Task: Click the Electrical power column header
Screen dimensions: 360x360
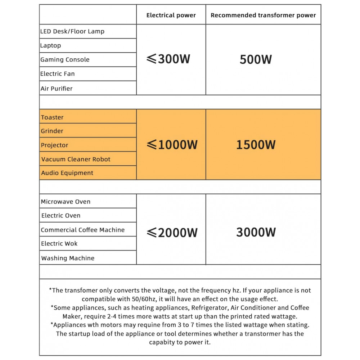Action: pos(171,15)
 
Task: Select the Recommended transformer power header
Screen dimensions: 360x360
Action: pos(263,15)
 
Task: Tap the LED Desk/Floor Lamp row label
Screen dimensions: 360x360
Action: pos(72,31)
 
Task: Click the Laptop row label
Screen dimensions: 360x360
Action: pos(51,45)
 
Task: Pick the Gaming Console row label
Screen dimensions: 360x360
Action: pos(65,59)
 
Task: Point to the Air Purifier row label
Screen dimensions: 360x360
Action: pos(57,88)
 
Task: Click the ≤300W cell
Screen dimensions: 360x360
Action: pos(168,59)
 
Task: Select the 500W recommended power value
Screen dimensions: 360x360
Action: pos(256,59)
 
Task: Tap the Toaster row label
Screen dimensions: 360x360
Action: pos(52,117)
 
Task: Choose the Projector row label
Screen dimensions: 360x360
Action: pos(55,145)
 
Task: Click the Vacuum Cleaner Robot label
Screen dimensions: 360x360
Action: pos(76,159)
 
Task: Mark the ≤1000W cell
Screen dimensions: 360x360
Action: pos(172,145)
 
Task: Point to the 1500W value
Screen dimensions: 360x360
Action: pos(256,145)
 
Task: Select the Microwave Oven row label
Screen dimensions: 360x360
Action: pos(66,202)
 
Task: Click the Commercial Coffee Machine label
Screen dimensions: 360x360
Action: pos(83,230)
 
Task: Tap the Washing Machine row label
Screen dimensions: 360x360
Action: pos(68,258)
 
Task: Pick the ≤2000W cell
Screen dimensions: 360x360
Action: pos(172,233)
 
